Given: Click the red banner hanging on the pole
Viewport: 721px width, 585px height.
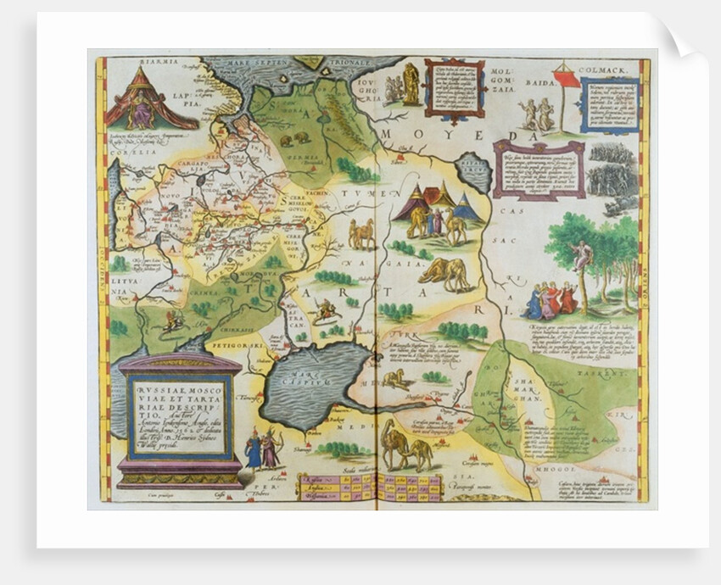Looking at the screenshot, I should pos(567,79).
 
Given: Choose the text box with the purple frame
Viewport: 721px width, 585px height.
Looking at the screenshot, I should pos(539,170).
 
